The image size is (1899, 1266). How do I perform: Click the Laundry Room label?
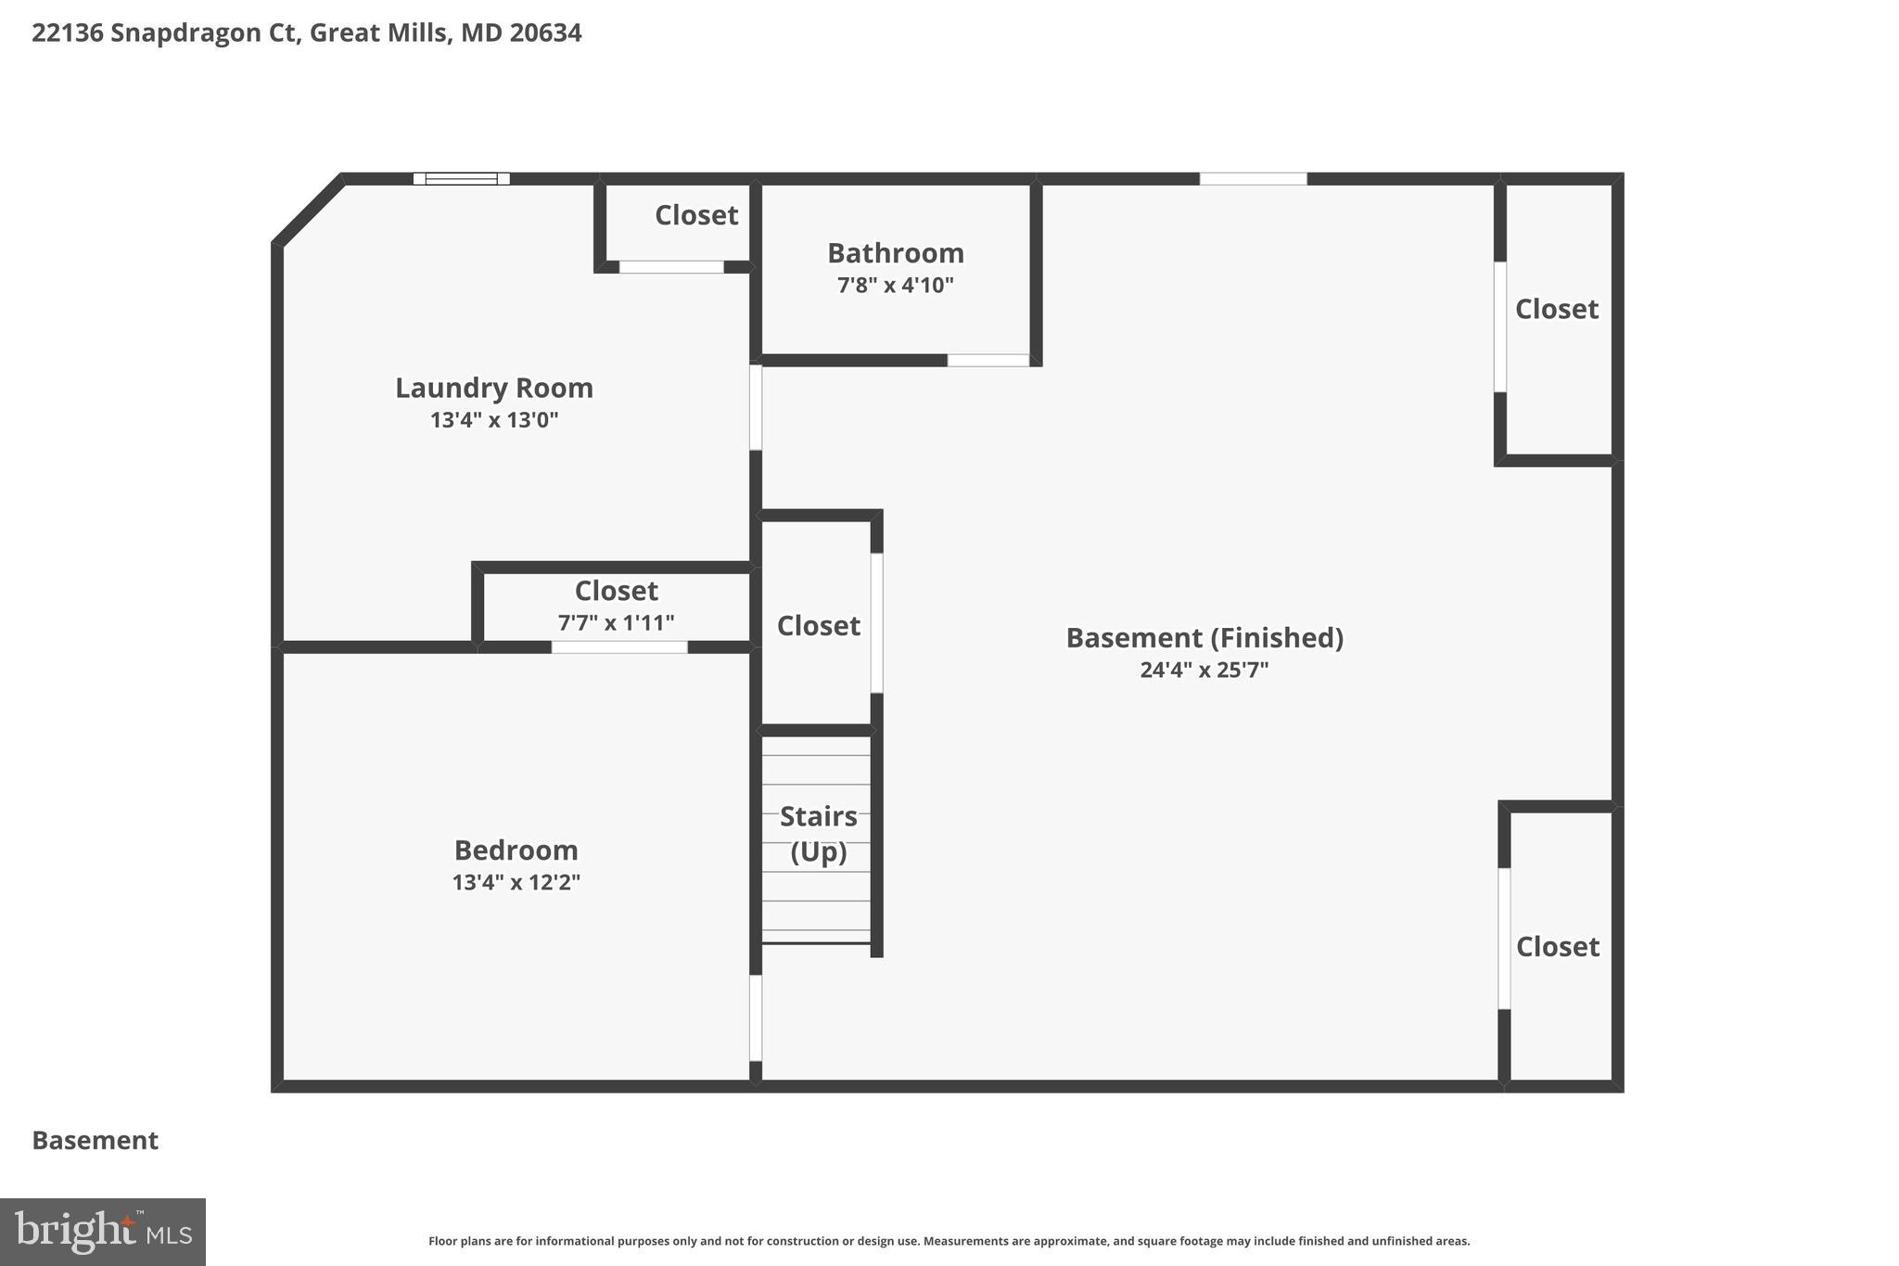[x=494, y=388]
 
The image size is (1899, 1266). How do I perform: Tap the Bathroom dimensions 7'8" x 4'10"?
[x=895, y=286]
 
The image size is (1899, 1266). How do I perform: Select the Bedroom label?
[x=516, y=850]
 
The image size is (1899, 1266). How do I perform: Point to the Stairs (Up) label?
[x=818, y=833]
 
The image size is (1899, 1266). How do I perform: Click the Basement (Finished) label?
[x=1204, y=638]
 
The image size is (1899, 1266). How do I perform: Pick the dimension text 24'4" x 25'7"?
[x=1204, y=670]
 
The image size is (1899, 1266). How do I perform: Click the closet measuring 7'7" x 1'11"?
[x=616, y=605]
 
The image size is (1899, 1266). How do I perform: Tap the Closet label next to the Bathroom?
[x=695, y=215]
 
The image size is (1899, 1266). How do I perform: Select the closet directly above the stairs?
[x=818, y=626]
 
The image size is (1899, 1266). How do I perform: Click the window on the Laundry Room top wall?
[x=461, y=179]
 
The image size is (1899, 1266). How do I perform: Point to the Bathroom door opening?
[x=988, y=361]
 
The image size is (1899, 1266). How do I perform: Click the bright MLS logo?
[x=103, y=1232]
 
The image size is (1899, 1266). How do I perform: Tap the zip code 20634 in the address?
[x=545, y=33]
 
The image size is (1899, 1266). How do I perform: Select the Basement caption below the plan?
[x=96, y=1141]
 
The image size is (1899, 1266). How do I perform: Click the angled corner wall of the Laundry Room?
[x=309, y=211]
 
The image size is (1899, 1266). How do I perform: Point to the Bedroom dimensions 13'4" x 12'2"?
[x=516, y=882]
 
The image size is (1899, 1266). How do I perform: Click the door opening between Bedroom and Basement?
[x=756, y=1017]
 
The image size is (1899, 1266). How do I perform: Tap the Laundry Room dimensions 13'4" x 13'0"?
[x=494, y=420]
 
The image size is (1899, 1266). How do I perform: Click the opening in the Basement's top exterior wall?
[x=1253, y=179]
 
